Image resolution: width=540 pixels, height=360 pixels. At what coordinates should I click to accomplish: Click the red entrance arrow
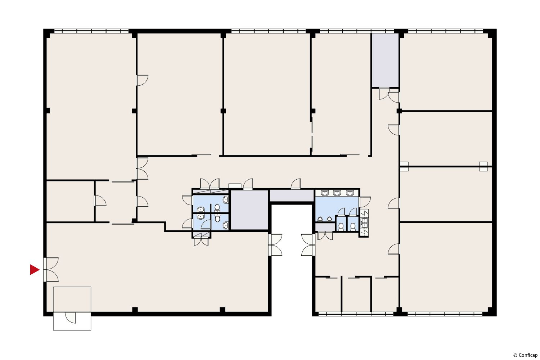coord(34,270)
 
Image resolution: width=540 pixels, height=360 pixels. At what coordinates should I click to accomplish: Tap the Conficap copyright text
coord(526,355)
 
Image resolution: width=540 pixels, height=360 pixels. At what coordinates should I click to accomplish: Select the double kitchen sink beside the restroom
coord(364,223)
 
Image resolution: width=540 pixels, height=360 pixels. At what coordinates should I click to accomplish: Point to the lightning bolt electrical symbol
coord(364,213)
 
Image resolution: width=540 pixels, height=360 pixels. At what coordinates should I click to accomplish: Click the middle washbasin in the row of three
coord(337,193)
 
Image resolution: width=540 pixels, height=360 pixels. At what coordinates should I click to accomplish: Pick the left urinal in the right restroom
coord(320,219)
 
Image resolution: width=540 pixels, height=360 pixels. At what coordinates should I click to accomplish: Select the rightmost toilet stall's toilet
coord(353,227)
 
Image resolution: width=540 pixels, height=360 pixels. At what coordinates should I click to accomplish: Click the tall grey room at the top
coord(385,60)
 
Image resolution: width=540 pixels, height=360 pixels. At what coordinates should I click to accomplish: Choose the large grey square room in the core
coord(249,210)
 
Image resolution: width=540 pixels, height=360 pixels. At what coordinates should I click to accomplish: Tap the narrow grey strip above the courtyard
coord(292,195)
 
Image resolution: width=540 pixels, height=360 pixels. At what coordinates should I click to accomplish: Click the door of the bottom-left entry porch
coord(71,318)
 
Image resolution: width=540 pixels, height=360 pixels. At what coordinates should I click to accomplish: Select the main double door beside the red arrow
coord(51,270)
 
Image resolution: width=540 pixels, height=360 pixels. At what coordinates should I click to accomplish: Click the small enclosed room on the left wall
coord(70,201)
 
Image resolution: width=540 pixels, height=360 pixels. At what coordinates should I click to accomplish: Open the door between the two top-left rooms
coord(142,80)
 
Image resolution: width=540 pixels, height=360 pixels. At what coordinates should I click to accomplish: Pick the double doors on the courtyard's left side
coord(275,245)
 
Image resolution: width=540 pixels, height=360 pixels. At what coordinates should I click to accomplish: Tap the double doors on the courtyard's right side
coord(308,245)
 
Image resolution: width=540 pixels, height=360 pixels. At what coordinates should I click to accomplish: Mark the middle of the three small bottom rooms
coord(356,294)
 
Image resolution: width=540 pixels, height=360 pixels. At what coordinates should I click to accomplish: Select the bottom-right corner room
coord(446,267)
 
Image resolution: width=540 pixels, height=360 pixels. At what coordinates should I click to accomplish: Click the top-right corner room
coord(446,72)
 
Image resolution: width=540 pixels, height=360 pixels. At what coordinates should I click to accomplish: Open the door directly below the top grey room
coord(384,94)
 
